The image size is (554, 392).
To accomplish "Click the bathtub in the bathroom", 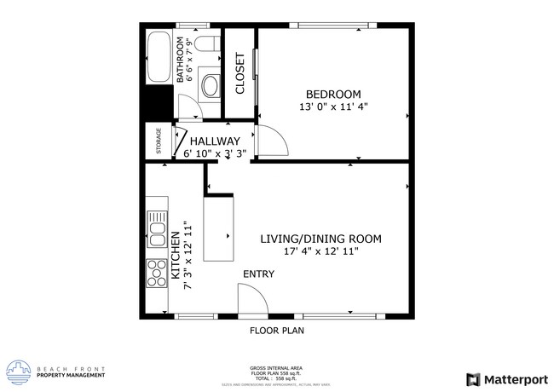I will (159, 58).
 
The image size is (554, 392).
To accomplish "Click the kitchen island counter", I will (218, 229).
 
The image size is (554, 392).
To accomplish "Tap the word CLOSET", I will (240, 73).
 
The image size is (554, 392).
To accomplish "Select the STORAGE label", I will (159, 142).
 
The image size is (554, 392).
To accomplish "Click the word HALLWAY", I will (215, 141).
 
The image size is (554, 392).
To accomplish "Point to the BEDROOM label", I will (333, 94).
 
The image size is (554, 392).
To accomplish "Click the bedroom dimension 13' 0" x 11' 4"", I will (333, 107).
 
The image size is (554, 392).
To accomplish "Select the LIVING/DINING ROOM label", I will (320, 239).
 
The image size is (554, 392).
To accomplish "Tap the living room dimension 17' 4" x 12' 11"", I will (320, 251).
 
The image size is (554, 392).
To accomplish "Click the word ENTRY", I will (259, 274).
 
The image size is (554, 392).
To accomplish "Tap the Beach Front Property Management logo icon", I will (18, 372).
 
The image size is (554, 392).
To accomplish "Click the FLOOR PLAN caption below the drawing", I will (276, 330).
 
